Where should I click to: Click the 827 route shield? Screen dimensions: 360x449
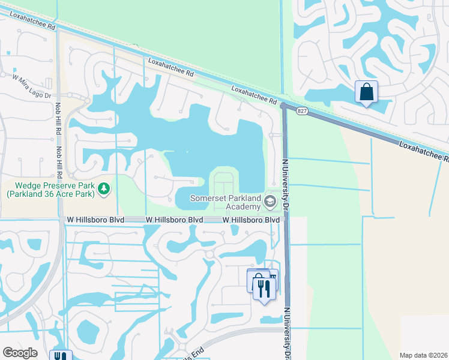point(302,111)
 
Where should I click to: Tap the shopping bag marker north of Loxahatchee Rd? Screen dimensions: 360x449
point(366,93)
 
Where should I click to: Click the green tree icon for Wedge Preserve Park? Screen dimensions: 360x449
point(104,189)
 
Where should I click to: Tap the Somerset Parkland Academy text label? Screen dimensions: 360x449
point(226,202)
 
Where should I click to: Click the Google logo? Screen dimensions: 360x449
point(20,353)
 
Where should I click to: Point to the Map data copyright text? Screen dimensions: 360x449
point(423,355)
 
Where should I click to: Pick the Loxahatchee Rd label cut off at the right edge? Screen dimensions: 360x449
point(424,152)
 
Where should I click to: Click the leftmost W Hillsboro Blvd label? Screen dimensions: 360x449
point(95,220)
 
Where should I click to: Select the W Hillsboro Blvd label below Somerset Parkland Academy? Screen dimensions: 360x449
point(251,220)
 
